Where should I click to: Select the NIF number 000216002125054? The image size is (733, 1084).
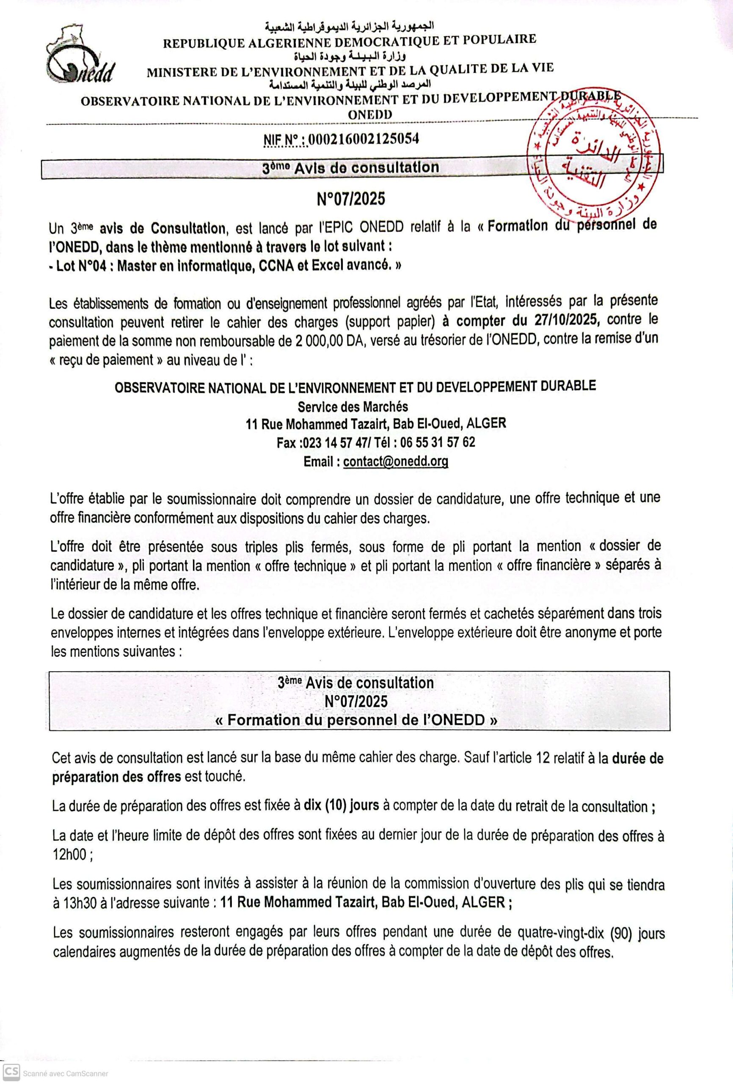point(363,138)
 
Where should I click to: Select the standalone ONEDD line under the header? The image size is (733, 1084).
point(370,114)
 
